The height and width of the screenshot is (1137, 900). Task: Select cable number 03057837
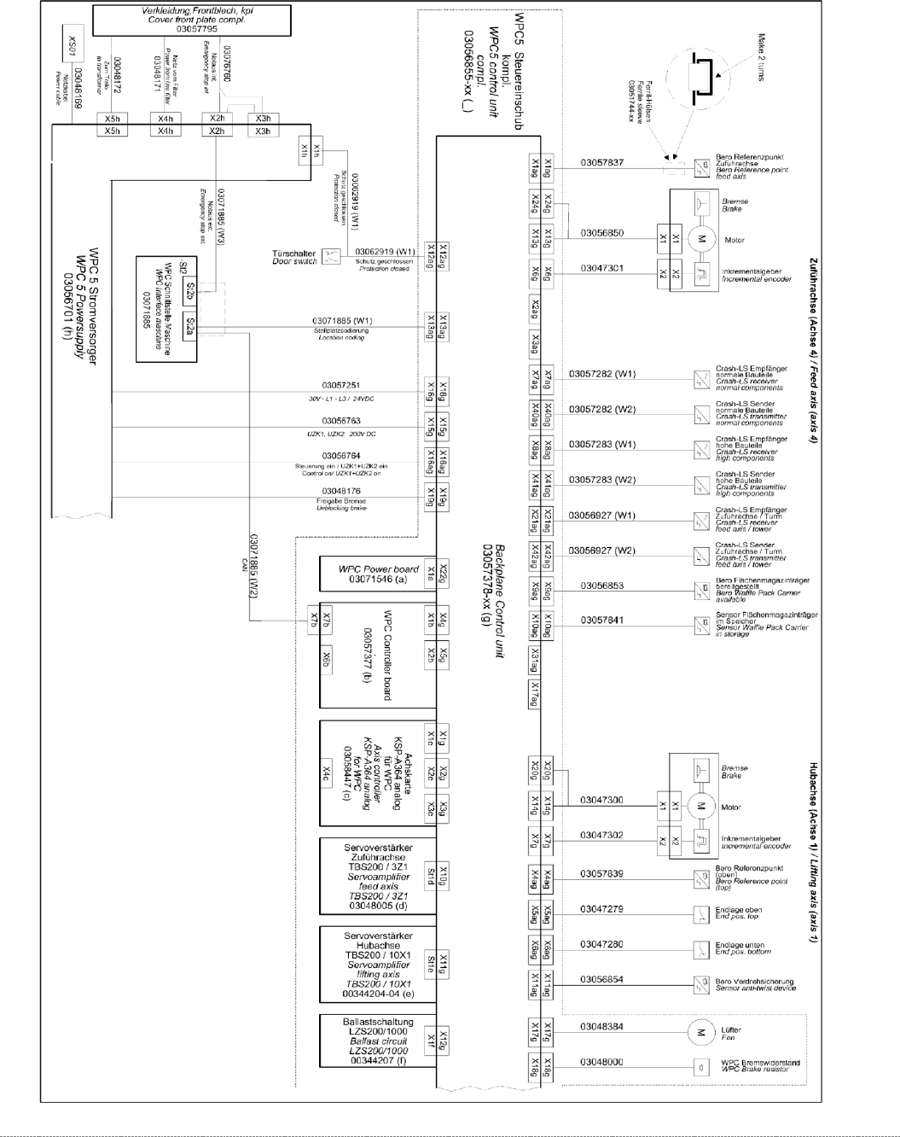pyautogui.click(x=602, y=162)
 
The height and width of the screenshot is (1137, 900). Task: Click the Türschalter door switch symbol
pyautogui.click(x=330, y=256)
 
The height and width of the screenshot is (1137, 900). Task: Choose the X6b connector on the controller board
pyautogui.click(x=327, y=658)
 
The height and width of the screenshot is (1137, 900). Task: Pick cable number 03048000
pyautogui.click(x=602, y=1062)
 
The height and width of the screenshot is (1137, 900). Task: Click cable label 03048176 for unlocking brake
pyautogui.click(x=341, y=491)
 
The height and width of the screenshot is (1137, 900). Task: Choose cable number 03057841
pyautogui.click(x=602, y=621)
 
